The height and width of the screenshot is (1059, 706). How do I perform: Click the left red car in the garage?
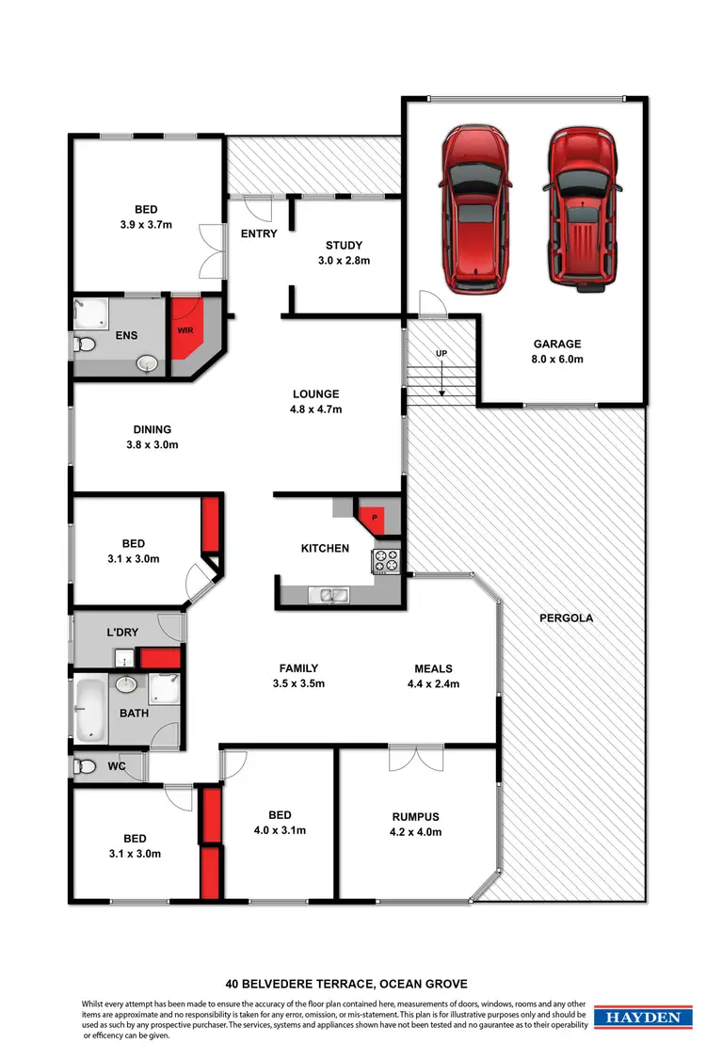tap(475, 210)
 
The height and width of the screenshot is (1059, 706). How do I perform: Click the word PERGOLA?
tap(565, 619)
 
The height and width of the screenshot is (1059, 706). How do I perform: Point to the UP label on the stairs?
tap(441, 353)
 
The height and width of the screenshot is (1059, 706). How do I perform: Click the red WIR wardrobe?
tap(185, 330)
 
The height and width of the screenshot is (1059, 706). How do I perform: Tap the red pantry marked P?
tap(375, 517)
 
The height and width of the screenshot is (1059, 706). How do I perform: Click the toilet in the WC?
tap(83, 767)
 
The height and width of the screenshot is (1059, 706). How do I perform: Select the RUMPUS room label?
tap(415, 817)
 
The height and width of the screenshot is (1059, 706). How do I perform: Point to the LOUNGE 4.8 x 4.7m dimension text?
tap(315, 409)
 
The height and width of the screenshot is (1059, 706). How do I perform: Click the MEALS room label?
tap(433, 668)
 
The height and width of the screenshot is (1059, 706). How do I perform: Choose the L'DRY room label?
tap(125, 633)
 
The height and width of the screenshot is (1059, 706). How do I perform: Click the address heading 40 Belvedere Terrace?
tap(346, 984)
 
